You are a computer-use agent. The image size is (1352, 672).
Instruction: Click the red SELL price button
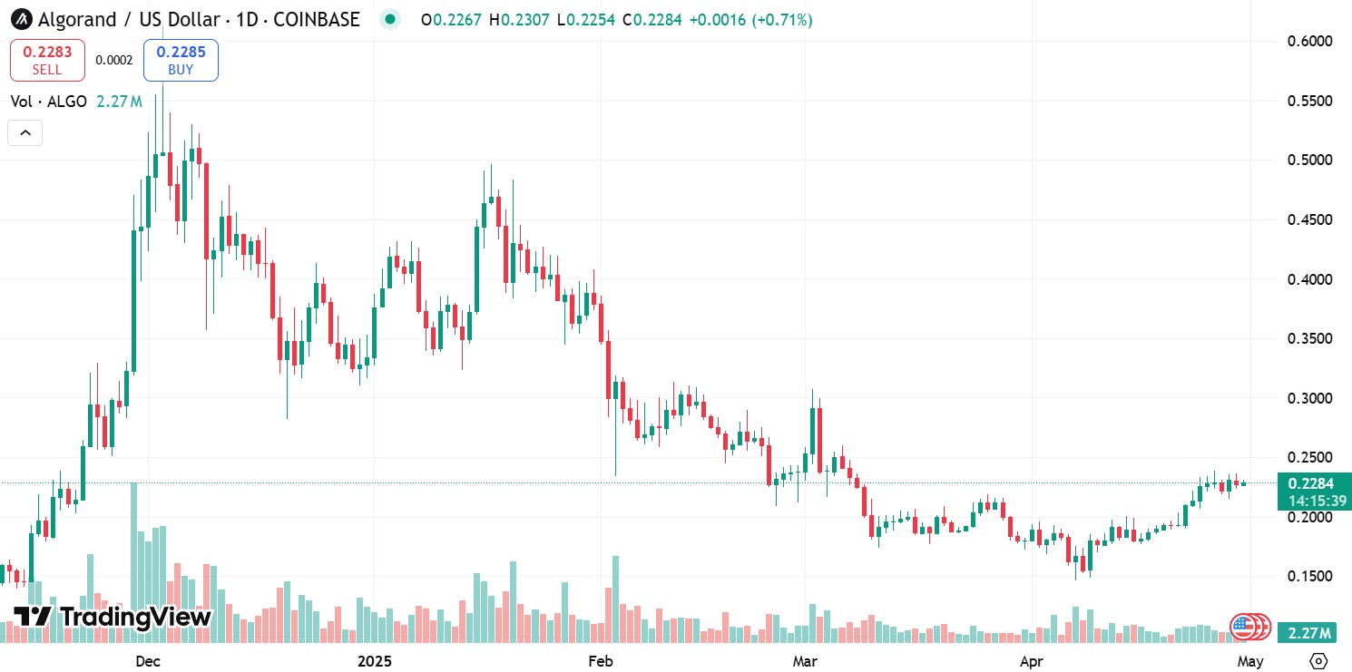point(47,60)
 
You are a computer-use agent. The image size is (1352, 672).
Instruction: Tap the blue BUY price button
point(181,60)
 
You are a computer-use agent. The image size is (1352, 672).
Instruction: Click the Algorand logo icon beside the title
point(21,19)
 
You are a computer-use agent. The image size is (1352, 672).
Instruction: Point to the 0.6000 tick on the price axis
point(1309,41)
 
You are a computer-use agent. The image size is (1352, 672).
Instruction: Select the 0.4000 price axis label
point(1309,279)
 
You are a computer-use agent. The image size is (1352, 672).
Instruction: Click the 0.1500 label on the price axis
point(1309,577)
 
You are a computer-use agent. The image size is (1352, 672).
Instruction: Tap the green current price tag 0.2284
point(1309,483)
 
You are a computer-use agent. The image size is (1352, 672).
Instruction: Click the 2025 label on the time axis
point(375,661)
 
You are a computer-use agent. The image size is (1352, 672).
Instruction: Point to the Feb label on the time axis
point(601,661)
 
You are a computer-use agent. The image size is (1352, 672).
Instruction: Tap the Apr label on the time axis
point(1030,661)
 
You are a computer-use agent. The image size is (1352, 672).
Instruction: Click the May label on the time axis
point(1250,661)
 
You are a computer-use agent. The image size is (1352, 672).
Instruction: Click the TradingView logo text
point(113,618)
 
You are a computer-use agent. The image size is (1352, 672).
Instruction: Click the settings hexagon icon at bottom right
point(1319,660)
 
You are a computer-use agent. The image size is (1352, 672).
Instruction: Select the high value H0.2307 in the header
point(519,19)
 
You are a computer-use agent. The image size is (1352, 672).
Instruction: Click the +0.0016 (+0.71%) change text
point(750,19)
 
